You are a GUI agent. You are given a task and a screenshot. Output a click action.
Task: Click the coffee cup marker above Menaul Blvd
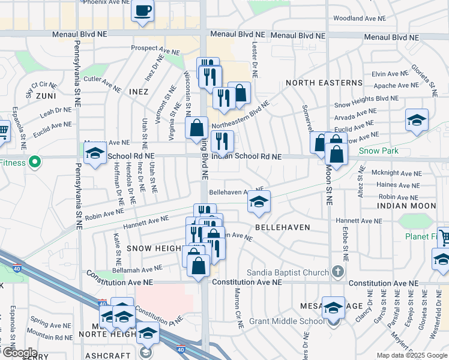pyautogui.click(x=142, y=11)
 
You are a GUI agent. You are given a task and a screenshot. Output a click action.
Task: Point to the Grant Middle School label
pyautogui.click(x=294, y=320)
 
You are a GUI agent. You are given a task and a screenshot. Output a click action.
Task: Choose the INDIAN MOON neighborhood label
pyautogui.click(x=406, y=206)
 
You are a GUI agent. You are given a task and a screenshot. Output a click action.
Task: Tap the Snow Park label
pyautogui.click(x=379, y=151)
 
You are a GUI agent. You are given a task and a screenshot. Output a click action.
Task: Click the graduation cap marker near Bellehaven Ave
pyautogui.click(x=259, y=202)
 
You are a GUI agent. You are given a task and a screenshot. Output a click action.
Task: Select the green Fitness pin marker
pyautogui.click(x=35, y=161)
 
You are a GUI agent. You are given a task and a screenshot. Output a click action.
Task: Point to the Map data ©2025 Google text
pyautogui.click(x=412, y=355)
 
